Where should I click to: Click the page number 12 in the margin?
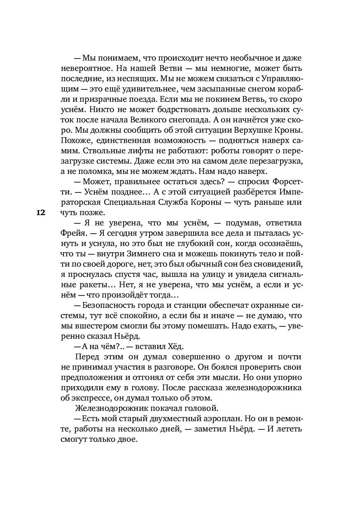coord(40,213)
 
